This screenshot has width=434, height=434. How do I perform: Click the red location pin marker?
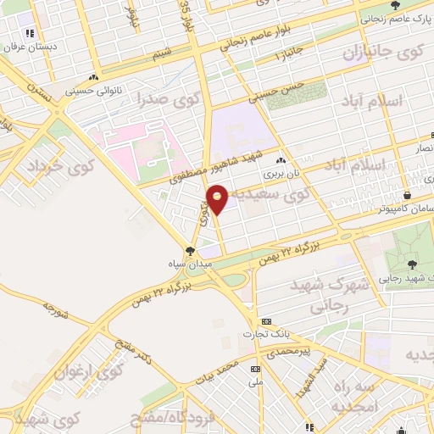point(218,198)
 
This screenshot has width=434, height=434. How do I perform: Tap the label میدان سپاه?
point(189,264)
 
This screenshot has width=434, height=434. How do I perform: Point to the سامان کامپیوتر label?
point(405,208)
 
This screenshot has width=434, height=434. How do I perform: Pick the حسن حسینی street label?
point(280,91)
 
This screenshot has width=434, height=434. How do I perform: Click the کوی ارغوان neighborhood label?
point(89,370)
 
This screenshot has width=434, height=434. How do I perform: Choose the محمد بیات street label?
point(216,374)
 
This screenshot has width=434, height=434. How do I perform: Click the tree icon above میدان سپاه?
point(189,251)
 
